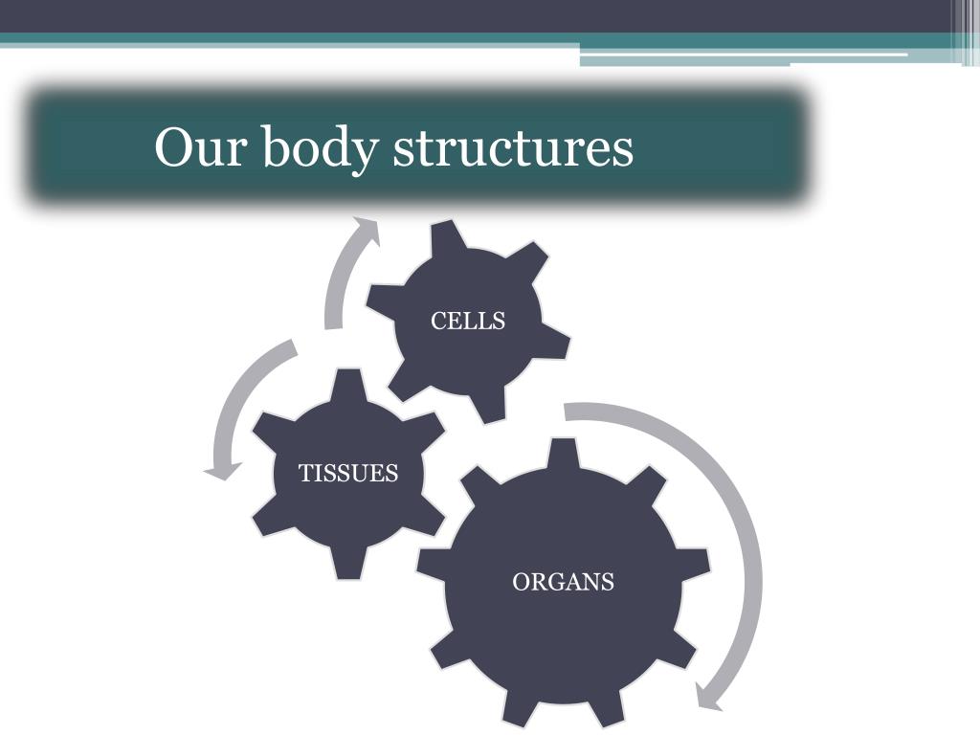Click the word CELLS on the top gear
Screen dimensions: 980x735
pos(468,322)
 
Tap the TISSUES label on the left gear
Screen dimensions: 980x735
pos(348,474)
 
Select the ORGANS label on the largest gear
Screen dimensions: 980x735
pos(564,582)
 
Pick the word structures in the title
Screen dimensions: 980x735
pos(514,149)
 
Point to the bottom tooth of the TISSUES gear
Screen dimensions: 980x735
pos(349,567)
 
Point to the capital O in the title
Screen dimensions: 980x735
pos(173,148)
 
